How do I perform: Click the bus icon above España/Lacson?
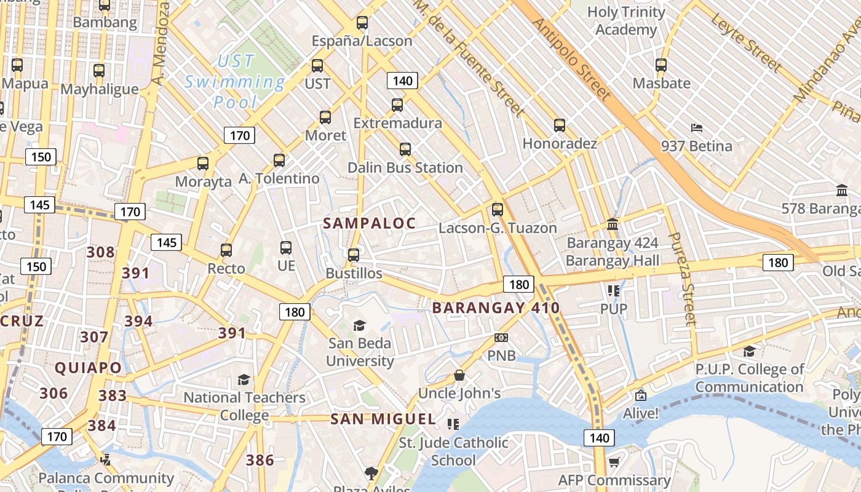click(x=362, y=23)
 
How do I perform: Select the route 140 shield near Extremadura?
click(x=402, y=81)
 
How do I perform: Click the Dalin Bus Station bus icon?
click(x=405, y=149)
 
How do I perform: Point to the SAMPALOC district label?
click(x=370, y=223)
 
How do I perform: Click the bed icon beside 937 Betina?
click(x=697, y=128)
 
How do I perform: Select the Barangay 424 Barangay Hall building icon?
click(x=613, y=224)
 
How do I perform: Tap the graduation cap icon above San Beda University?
click(x=359, y=325)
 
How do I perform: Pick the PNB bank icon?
click(x=501, y=338)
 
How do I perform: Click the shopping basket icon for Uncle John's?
click(x=459, y=375)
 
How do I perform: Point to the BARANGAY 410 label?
click(x=496, y=308)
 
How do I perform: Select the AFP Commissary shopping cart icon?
click(x=614, y=462)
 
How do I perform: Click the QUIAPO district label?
click(x=89, y=368)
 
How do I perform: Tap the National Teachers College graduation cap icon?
click(x=244, y=379)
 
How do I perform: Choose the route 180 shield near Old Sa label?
click(x=778, y=263)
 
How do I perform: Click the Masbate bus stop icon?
click(x=661, y=65)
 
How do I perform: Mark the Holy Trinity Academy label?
click(x=626, y=21)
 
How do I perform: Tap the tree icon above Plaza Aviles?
click(x=371, y=472)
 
